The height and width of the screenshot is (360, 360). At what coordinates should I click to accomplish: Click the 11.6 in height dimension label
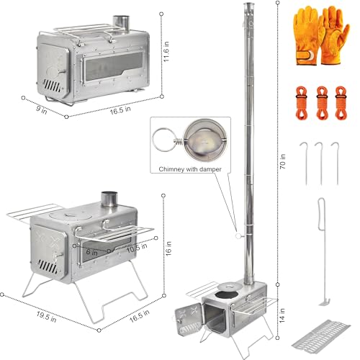click(166, 52)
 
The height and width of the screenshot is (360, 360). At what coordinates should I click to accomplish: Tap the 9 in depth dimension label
click(42, 109)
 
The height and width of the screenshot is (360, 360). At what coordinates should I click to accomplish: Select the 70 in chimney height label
click(283, 161)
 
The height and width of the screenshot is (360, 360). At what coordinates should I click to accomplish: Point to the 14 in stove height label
click(282, 315)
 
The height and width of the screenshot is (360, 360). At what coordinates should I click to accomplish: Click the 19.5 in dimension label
click(46, 317)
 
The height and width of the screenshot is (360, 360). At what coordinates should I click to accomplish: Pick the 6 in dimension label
click(91, 252)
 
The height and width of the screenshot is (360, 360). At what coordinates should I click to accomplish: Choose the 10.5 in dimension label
click(137, 248)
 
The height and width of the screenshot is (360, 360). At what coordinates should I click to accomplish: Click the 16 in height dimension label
click(168, 248)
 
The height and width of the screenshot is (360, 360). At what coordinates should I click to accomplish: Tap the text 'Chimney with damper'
click(190, 169)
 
